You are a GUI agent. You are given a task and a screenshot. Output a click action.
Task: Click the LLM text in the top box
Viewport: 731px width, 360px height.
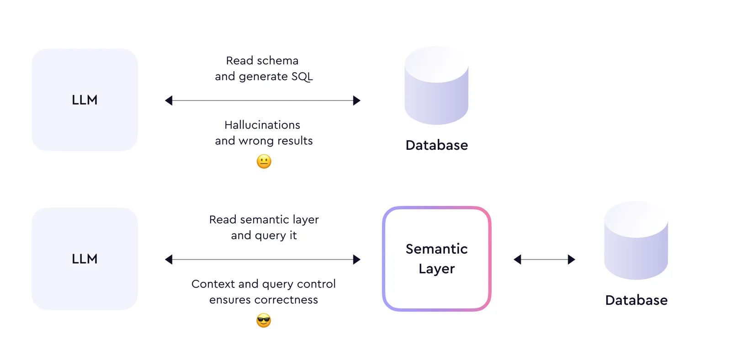(x=85, y=100)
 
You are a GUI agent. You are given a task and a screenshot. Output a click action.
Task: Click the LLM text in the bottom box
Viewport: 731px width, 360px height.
(x=85, y=259)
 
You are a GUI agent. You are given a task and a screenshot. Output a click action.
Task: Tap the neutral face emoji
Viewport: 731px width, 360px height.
(x=264, y=161)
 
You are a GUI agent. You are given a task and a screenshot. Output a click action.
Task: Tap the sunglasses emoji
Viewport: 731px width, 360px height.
(x=264, y=320)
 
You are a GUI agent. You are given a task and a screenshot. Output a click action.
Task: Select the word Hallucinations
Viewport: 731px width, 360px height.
(x=262, y=125)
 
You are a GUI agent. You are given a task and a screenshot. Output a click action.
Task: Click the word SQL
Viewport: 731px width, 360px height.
(x=302, y=77)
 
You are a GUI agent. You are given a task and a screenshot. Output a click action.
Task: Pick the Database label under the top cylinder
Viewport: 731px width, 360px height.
(x=437, y=145)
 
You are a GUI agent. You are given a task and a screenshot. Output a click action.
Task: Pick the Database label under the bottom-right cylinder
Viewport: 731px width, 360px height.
(x=636, y=300)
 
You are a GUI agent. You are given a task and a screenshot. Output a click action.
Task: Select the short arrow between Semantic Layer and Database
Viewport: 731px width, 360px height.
(x=544, y=259)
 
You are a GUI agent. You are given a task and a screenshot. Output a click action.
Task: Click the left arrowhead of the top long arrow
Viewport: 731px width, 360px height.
(x=169, y=101)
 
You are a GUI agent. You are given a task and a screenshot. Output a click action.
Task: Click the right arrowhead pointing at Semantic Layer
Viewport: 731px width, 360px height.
(x=357, y=259)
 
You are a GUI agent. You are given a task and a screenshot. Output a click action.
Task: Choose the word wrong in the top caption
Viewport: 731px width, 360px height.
(x=256, y=141)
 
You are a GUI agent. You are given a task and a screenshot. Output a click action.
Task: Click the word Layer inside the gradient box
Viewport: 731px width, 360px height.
(x=436, y=269)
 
